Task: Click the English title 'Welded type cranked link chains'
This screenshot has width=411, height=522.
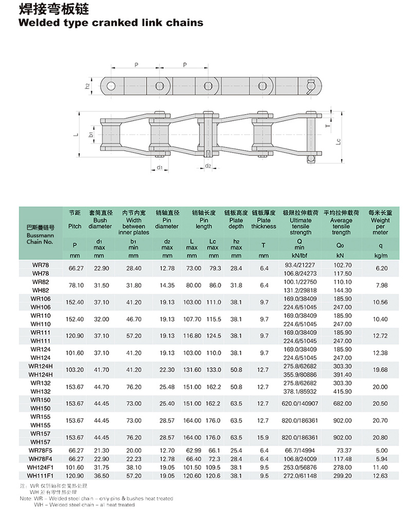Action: (111, 23)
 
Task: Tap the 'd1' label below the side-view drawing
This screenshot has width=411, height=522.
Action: (160, 168)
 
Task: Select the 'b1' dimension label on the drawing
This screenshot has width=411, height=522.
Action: (91, 135)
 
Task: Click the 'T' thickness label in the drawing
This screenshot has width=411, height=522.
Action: (328, 125)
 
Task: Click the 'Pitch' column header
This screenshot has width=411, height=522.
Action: (74, 226)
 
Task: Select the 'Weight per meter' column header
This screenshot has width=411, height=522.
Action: (380, 226)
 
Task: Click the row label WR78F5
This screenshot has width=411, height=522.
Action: (40, 451)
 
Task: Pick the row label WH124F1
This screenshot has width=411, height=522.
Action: (40, 467)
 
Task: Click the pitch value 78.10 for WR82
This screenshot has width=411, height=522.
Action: (74, 285)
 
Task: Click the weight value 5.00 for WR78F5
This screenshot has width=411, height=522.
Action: (380, 451)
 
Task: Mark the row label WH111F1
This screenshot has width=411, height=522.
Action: (40, 475)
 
